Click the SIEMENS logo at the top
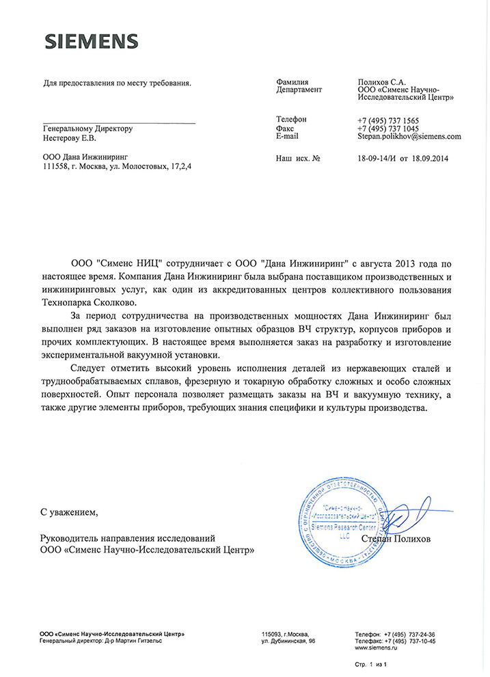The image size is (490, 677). pos(92,41)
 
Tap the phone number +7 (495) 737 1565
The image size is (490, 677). pos(387,120)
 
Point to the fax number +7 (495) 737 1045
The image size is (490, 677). pos(387,129)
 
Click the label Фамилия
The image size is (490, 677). pos(292,81)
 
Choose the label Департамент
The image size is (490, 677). pos(299,90)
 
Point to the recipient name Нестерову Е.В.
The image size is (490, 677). pos(70,137)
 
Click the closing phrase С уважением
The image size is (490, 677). pos(69,511)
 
